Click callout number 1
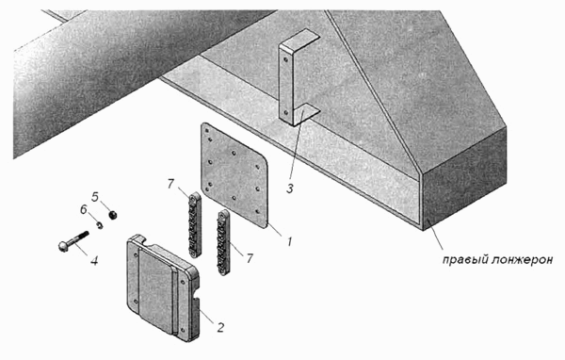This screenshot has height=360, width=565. (x=289, y=241)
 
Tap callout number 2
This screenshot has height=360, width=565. (x=220, y=327)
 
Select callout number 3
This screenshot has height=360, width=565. (x=290, y=188)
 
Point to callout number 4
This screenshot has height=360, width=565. (x=94, y=260)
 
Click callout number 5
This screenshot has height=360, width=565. (x=95, y=197)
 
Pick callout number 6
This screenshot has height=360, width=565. (x=84, y=209)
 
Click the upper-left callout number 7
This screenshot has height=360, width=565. (x=170, y=184)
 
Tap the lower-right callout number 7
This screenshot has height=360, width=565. (x=250, y=258)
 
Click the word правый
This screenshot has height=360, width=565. (x=464, y=260)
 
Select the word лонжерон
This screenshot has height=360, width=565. (x=522, y=260)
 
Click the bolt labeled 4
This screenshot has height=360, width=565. (x=73, y=241)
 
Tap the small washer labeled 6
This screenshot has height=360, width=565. (x=100, y=225)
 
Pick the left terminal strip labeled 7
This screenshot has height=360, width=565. (x=195, y=224)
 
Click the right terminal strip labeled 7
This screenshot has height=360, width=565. (x=223, y=242)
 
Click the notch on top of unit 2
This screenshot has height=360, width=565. (x=143, y=238)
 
